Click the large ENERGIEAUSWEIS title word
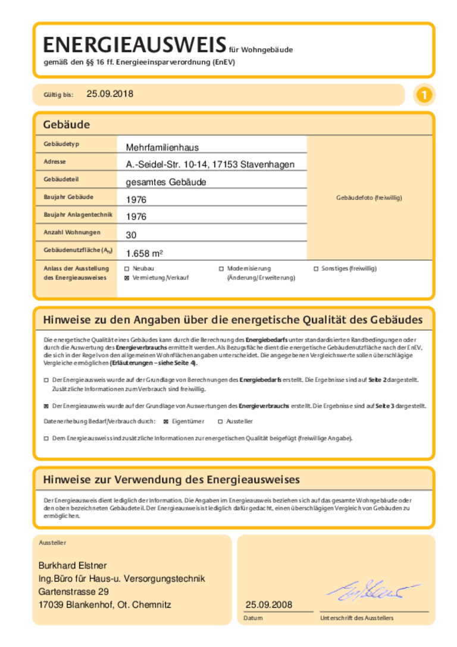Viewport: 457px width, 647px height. tap(134, 45)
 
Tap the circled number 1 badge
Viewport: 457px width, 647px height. tap(424, 95)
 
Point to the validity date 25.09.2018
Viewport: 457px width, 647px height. tap(110, 94)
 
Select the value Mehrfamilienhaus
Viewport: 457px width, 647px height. tap(162, 147)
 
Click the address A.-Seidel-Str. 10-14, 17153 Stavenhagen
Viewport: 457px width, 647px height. tap(210, 164)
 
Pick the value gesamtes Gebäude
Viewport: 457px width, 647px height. tap(166, 182)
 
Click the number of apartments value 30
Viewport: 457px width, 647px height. tap(131, 235)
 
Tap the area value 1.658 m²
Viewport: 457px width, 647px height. tap(144, 253)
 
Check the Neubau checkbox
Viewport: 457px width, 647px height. tap(126, 269)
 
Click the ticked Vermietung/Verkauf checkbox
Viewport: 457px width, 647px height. tap(126, 278)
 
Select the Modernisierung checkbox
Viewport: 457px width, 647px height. tap(221, 269)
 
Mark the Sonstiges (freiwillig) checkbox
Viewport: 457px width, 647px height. tap(316, 269)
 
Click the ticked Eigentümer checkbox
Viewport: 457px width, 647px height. tap(166, 421)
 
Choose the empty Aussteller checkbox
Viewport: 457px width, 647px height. tap(220, 421)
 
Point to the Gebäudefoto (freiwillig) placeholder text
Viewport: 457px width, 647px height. tap(369, 198)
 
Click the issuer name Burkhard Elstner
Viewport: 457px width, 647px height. tap(73, 565)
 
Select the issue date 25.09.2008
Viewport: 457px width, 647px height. tap(269, 605)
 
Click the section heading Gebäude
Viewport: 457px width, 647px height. tap(66, 125)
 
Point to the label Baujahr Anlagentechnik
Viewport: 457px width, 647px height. tap(78, 214)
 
